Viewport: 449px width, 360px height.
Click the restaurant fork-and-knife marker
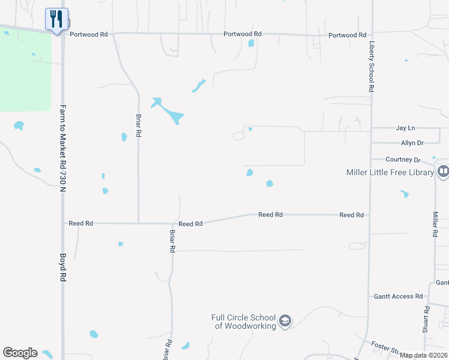tap(56, 19)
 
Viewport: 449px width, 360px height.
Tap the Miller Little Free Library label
tap(390, 173)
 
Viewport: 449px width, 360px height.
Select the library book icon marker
tap(443, 172)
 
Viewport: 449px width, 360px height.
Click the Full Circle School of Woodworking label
tap(244, 322)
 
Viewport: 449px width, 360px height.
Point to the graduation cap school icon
tap(285, 322)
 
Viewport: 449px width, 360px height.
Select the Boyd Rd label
tap(62, 268)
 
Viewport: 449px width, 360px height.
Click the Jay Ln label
tap(406, 128)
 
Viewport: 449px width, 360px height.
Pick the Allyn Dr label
tap(412, 143)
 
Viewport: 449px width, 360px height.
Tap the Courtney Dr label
tap(403, 160)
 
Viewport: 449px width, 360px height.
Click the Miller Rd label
tap(436, 223)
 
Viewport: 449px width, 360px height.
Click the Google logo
tap(20, 353)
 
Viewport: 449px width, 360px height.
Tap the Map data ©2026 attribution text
tap(424, 356)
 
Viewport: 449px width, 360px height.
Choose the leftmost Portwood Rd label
tap(88, 35)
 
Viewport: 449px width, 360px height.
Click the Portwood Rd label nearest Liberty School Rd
tap(347, 35)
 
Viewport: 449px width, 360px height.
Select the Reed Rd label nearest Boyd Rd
tap(80, 223)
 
